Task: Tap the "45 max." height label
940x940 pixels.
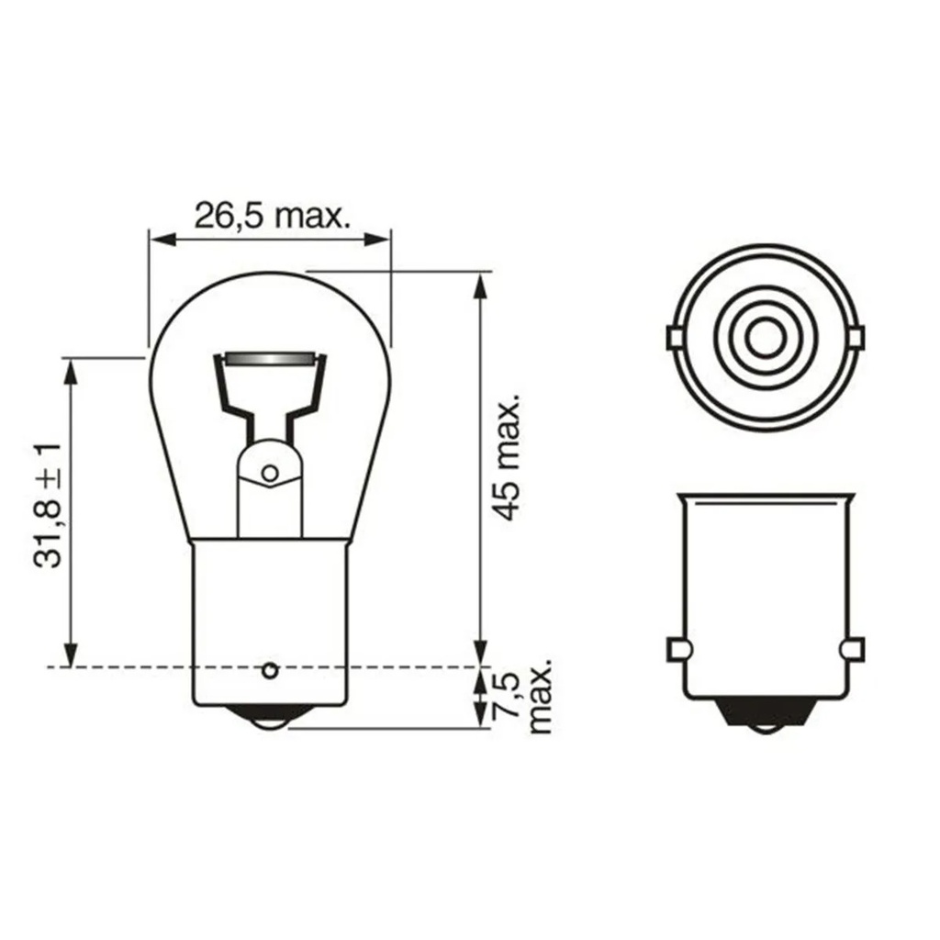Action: (508, 459)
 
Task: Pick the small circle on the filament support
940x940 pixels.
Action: (270, 474)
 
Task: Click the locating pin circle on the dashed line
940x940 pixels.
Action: (269, 670)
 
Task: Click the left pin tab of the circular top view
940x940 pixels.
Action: (672, 339)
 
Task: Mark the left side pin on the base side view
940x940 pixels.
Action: (677, 650)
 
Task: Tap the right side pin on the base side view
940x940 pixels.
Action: (851, 650)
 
